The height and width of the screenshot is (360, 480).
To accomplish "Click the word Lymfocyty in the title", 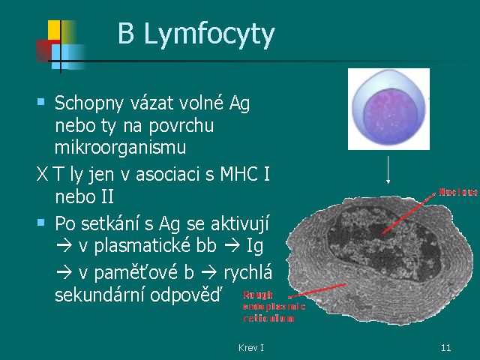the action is click(x=209, y=34).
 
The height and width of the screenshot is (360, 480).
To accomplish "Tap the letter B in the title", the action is click(x=126, y=33).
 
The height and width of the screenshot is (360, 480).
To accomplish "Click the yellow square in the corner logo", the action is click(x=54, y=30).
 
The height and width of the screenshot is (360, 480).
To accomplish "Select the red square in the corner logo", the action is click(x=43, y=51).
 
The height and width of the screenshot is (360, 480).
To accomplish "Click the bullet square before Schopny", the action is click(x=40, y=102).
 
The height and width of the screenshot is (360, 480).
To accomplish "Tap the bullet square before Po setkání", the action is click(x=40, y=223).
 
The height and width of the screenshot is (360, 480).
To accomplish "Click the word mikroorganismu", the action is click(x=120, y=148).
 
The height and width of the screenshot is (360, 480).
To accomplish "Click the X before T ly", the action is click(x=42, y=174).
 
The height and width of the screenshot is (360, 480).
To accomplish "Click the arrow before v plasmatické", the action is click(x=64, y=245).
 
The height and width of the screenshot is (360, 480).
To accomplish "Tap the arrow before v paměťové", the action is click(x=64, y=272).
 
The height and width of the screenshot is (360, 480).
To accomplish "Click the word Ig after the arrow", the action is click(x=255, y=246).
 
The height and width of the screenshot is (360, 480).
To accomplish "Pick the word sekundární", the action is click(x=100, y=295).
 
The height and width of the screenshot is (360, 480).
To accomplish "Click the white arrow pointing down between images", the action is click(x=388, y=170).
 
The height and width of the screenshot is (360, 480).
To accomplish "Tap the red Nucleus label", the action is click(x=458, y=192).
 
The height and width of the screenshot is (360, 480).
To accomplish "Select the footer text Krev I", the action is click(x=251, y=348).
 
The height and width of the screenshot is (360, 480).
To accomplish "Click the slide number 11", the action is click(x=445, y=348).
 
